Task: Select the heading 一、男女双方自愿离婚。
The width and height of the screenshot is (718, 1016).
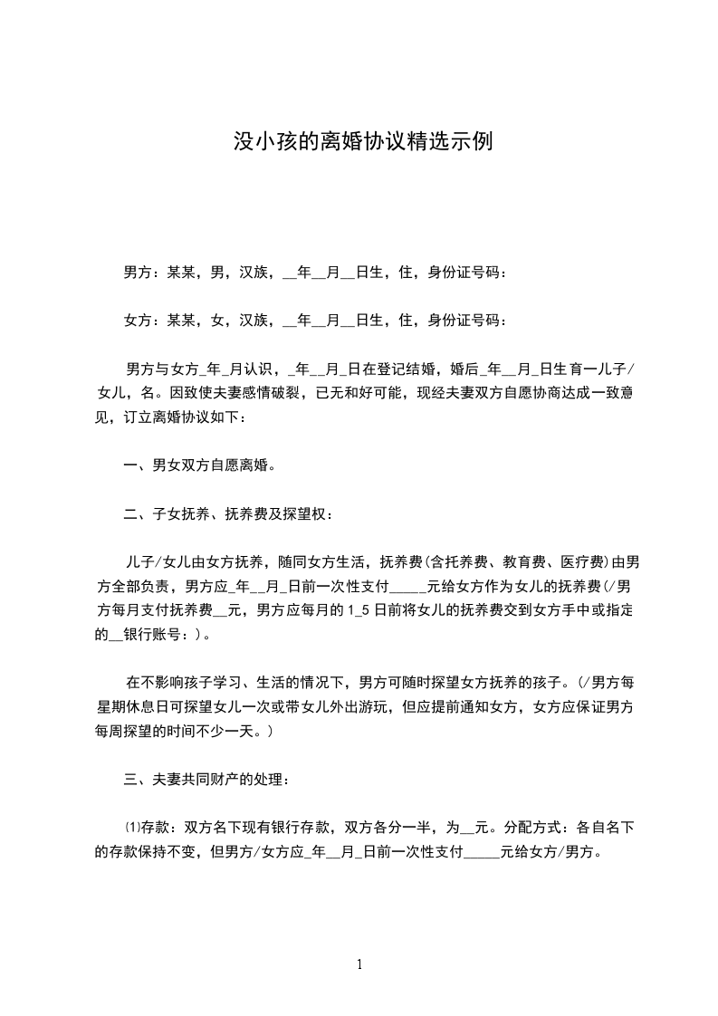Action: click(x=199, y=466)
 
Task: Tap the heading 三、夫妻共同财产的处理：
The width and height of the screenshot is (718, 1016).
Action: click(x=206, y=778)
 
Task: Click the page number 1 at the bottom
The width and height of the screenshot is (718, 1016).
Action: click(x=359, y=965)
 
